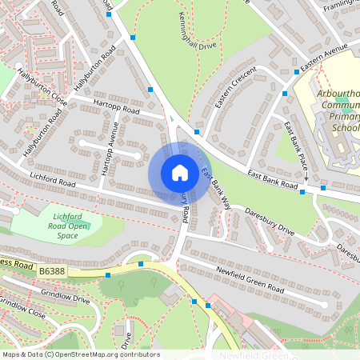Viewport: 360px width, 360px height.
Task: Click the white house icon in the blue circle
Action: (x=180, y=173)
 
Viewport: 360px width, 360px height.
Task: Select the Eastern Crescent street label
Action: (x=237, y=94)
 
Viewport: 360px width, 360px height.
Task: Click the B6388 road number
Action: (x=53, y=273)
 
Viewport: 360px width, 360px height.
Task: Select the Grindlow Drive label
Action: (x=66, y=299)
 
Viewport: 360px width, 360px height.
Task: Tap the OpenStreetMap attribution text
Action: (x=80, y=354)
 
